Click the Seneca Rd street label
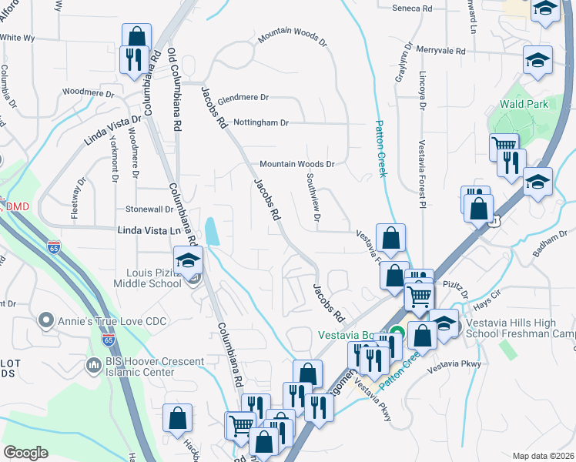[417, 8]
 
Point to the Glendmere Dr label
[243, 98]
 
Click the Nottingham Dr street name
[262, 122]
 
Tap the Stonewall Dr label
[149, 209]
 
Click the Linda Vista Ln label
[153, 230]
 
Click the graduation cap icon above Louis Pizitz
[188, 260]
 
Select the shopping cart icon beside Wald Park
[504, 145]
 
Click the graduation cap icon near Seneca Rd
[545, 8]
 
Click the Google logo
[25, 453]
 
